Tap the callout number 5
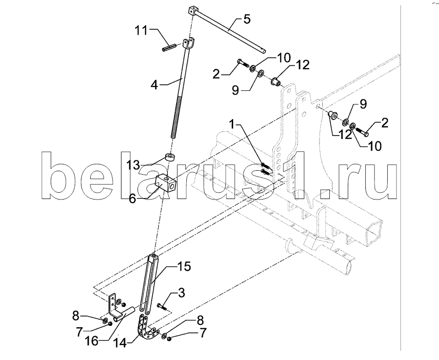[x=247, y=20]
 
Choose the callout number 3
[x=181, y=293]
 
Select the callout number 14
[x=120, y=343]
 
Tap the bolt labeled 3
[x=162, y=306]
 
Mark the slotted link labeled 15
[x=149, y=283]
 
